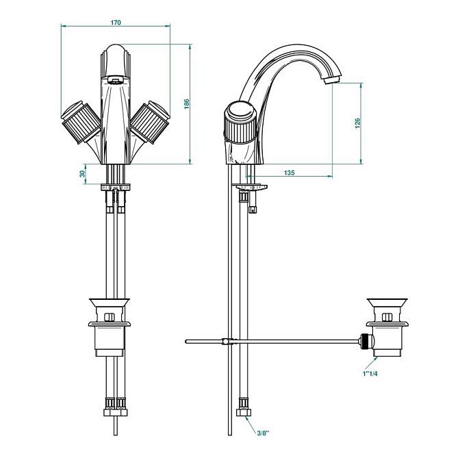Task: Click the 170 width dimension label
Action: pos(116,23)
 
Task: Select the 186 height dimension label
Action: pos(187,104)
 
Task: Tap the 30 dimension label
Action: pos(82,174)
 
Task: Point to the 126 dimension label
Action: pos(357,123)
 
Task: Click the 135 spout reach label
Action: pos(289,172)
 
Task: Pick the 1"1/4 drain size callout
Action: pos(370,374)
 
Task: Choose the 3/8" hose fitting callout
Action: pos(263,433)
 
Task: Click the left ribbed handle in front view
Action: pos(81,122)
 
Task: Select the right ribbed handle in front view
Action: pos(150,122)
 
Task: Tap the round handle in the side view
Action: pos(240,122)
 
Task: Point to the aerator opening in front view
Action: pos(115,79)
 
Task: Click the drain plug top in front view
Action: pos(109,303)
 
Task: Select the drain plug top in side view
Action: pos(387,303)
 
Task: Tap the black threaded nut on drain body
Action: pos(364,341)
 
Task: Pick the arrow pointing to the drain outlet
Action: pos(371,363)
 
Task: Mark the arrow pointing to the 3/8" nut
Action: pos(252,423)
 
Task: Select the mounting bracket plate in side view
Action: pos(250,187)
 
